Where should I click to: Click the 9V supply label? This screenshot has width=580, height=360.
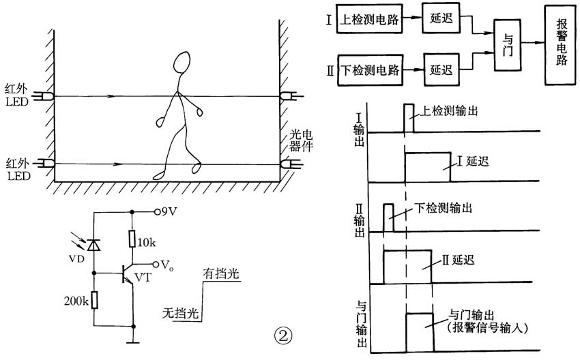[x=167, y=211]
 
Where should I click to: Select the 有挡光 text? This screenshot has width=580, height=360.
[x=223, y=275]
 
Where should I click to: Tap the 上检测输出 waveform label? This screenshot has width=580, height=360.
[x=447, y=109]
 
